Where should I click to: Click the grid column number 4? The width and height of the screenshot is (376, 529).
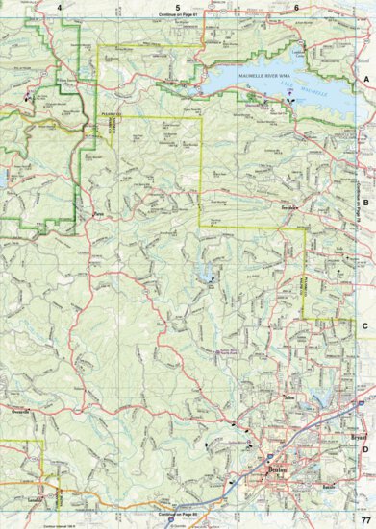(x=59, y=7)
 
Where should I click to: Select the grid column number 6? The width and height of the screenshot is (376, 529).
(x=297, y=7)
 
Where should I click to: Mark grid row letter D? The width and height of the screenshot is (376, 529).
(x=366, y=447)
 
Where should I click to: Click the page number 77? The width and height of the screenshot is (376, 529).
(x=365, y=519)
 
